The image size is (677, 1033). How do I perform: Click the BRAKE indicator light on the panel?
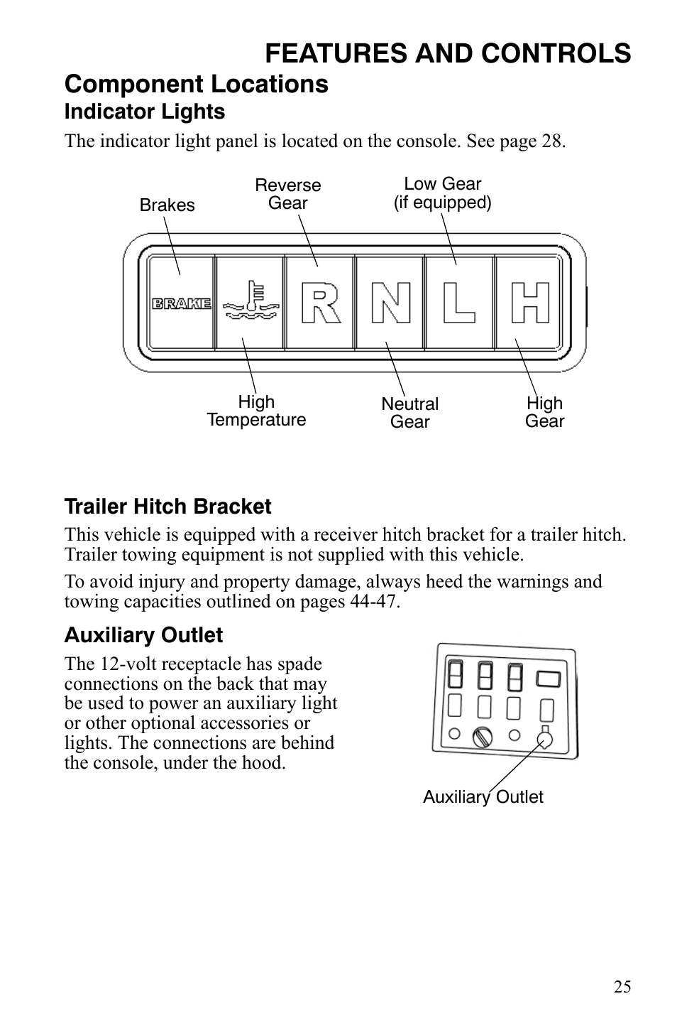click(x=182, y=303)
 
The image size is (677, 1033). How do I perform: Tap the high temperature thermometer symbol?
click(x=250, y=303)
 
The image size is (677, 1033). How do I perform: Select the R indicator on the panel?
click(x=319, y=303)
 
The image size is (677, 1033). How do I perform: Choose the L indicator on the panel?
click(x=459, y=303)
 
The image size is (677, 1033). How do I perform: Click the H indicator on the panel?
click(x=530, y=303)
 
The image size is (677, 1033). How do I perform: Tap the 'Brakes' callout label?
click(x=167, y=205)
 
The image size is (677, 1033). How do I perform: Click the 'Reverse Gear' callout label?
click(x=287, y=194)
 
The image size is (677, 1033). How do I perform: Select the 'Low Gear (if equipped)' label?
click(x=443, y=193)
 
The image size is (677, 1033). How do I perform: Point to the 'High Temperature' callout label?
click(x=256, y=411)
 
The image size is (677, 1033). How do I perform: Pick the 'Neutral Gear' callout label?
click(x=410, y=413)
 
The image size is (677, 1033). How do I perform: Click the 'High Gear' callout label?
click(x=544, y=412)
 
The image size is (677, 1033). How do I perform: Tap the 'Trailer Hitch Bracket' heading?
click(x=167, y=507)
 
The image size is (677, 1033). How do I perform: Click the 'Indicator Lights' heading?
click(x=145, y=112)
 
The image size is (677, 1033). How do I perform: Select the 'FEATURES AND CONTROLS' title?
click(x=448, y=53)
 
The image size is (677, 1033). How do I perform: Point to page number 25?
click(x=622, y=987)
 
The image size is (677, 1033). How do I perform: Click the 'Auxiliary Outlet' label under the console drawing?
click(x=483, y=797)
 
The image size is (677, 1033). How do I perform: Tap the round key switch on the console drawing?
click(x=483, y=737)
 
